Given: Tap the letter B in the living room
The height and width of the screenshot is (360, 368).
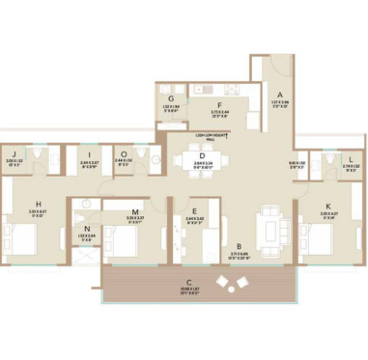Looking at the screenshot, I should pyautogui.click(x=224, y=246).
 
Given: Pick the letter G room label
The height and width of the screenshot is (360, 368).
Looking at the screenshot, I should pyautogui.click(x=170, y=99).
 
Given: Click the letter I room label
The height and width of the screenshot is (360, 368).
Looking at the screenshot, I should pyautogui.click(x=88, y=154).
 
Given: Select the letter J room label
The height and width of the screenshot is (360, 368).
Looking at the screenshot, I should pyautogui.click(x=16, y=154).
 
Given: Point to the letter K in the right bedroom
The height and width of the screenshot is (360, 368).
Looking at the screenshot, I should pyautogui.click(x=328, y=206).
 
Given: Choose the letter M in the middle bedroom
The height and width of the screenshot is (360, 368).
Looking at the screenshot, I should pyautogui.click(x=134, y=209).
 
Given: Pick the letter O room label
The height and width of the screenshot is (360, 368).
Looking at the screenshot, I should pyautogui.click(x=124, y=154).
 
